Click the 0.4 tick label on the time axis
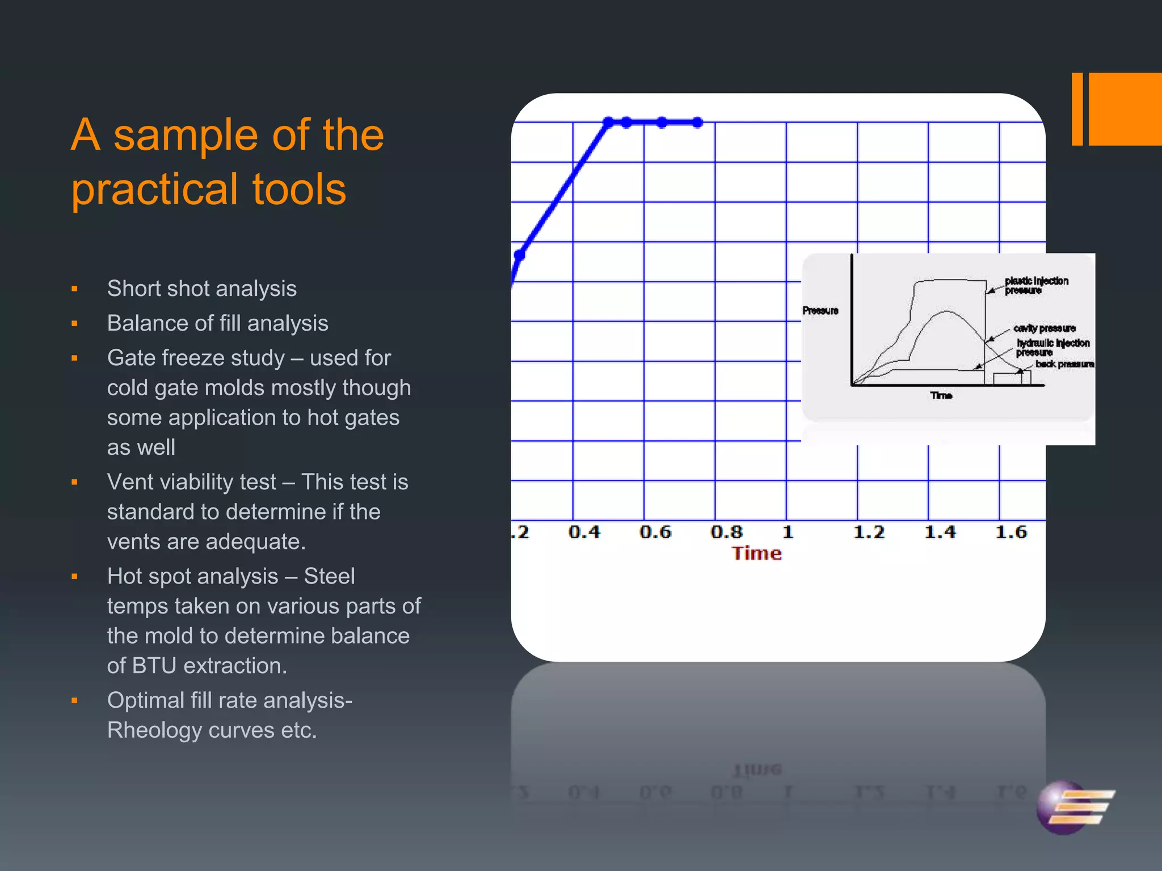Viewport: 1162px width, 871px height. pos(584,532)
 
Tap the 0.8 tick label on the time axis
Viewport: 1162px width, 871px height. pos(726,532)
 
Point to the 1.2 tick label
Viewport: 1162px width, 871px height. pos(869,532)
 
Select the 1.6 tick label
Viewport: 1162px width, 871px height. pos(1011,532)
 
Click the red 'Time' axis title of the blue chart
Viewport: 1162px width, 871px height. pos(756,553)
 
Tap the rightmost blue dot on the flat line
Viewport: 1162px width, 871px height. pos(698,122)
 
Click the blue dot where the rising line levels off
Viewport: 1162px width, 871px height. pos(608,122)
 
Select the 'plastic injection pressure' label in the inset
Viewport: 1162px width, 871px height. pos(1035,285)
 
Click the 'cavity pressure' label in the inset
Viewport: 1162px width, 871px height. pos(1044,328)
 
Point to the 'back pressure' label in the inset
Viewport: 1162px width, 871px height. pos(1064,364)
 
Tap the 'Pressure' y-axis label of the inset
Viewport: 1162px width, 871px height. pos(820,310)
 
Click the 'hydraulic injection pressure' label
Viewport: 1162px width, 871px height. pos(1052,347)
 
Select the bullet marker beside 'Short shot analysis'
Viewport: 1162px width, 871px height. pos(74,289)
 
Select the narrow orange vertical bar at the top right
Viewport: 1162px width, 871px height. pos(1077,109)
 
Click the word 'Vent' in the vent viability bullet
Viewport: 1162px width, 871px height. pos(128,482)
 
